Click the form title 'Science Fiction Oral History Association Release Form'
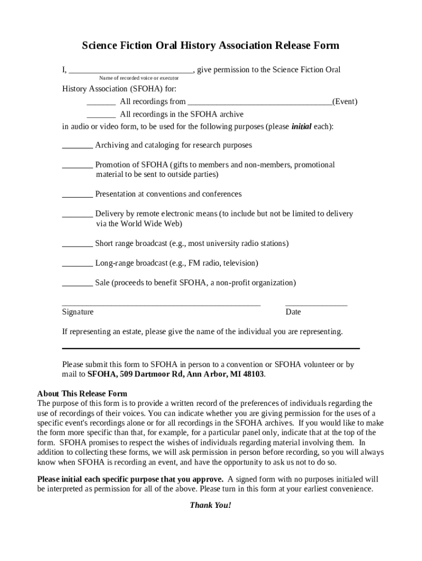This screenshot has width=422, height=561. click(x=210, y=45)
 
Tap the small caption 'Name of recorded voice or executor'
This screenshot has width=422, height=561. click(x=139, y=78)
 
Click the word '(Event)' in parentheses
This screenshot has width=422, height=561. click(x=345, y=102)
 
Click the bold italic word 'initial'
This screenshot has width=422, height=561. click(x=301, y=127)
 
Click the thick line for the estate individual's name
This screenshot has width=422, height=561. click(x=211, y=348)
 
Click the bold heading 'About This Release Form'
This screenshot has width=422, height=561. click(x=82, y=393)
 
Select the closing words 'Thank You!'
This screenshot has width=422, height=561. click(x=210, y=505)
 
